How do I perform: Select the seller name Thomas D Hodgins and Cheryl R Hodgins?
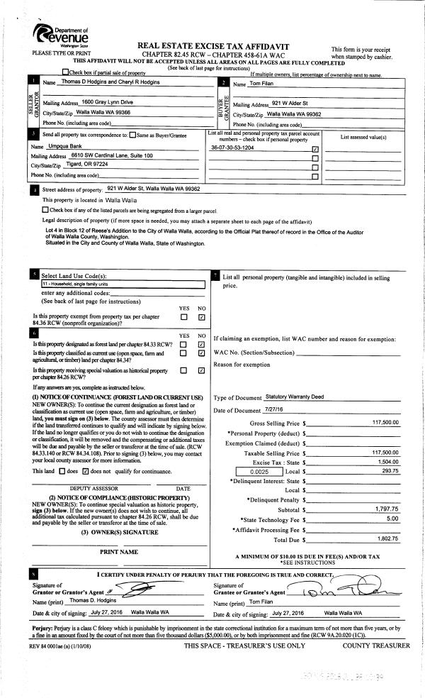pos(112,82)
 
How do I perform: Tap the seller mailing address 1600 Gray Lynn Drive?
pos(108,102)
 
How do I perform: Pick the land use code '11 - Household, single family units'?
pos(120,284)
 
